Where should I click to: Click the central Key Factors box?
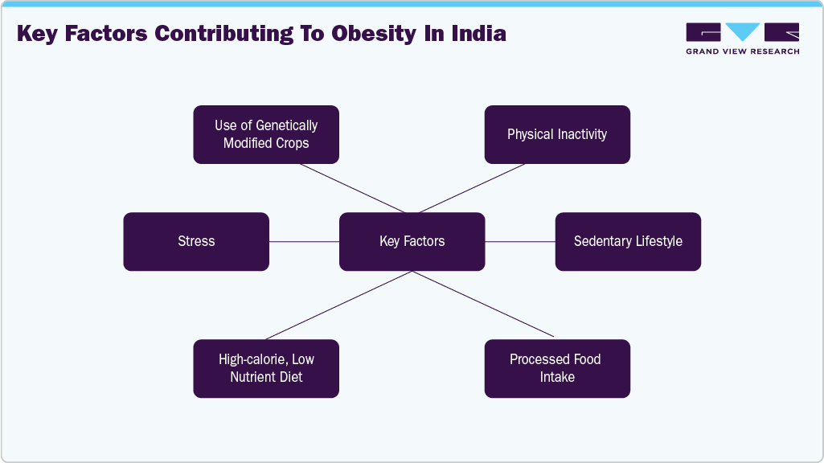tap(412, 241)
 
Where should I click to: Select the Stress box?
tap(196, 241)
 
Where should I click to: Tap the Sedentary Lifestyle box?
tap(628, 241)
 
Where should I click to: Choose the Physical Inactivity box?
tap(557, 134)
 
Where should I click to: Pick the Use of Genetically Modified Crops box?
tap(266, 134)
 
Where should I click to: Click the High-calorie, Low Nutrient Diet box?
tap(266, 368)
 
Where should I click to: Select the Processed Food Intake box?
tap(557, 368)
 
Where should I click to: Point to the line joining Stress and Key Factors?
tap(304, 241)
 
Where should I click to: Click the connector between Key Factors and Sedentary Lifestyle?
tap(520, 241)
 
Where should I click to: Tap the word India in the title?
tap(479, 34)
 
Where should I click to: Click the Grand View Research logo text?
tap(742, 51)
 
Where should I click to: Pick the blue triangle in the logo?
tap(743, 32)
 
